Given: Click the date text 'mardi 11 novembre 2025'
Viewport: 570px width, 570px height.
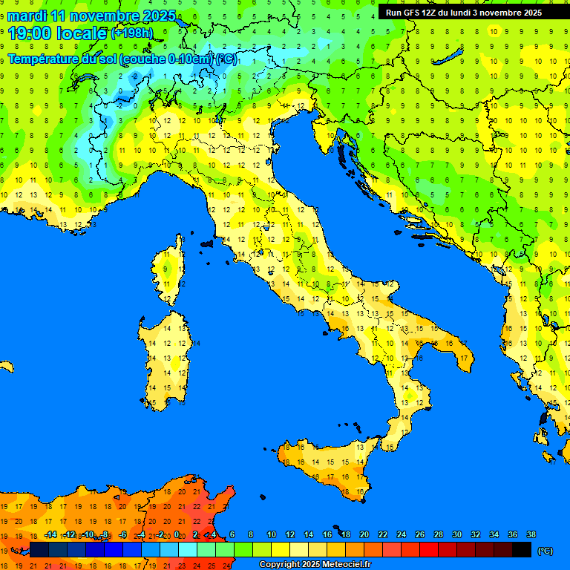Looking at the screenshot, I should click(92, 16).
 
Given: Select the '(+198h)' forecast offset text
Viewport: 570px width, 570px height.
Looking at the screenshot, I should click(132, 33).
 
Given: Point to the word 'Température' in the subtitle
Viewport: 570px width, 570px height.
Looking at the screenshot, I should click(44, 59).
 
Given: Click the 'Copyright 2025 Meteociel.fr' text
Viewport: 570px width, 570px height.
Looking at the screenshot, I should click(315, 564).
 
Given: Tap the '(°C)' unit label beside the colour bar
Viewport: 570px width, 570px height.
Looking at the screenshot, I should click(545, 551).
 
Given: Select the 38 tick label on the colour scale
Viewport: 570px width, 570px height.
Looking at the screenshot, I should click(531, 534).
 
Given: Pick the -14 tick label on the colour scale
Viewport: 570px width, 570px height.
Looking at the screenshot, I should click(50, 534).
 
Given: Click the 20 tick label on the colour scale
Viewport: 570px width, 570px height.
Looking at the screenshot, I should click(364, 534).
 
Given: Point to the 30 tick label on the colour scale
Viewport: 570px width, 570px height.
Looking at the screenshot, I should click(456, 534).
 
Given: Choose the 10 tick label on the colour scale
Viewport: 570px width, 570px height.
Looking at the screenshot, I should click(272, 534).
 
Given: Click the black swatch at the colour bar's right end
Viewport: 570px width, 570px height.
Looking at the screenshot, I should click(522, 550).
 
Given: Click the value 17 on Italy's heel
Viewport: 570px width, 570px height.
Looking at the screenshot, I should click(464, 358).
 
